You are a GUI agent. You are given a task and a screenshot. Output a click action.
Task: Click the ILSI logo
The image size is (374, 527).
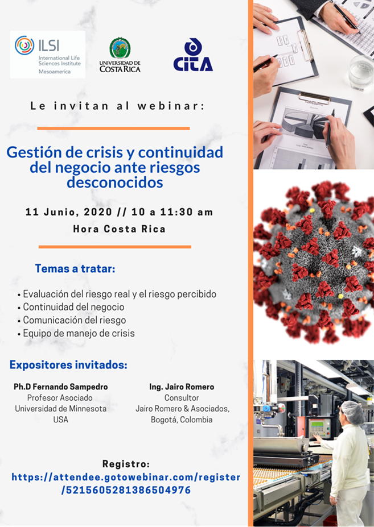pos(47,55)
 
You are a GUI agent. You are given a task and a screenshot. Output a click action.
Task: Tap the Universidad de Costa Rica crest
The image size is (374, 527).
pos(120,48)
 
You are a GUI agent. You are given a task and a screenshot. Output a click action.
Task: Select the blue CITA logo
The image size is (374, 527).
pos(193,55)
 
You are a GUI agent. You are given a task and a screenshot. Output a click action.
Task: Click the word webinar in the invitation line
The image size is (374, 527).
pos(170,106)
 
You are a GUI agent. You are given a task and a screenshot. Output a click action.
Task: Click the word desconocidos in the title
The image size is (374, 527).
pos(115,182)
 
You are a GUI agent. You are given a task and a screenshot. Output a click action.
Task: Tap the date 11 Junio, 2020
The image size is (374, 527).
pos(69,212)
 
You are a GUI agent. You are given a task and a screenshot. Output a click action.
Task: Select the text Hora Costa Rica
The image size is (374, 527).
pos(119,229)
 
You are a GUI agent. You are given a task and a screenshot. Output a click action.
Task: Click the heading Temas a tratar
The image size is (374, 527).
pos(75,268)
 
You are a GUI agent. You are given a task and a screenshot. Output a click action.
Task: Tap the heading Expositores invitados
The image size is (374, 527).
pos(68,364)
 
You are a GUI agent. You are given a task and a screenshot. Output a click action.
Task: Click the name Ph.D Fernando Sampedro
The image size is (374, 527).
pos(60,387)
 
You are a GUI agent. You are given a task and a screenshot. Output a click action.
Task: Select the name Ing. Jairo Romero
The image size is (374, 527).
pos(182,387)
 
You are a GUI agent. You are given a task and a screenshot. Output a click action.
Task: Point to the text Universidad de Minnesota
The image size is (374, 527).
pos(60,409)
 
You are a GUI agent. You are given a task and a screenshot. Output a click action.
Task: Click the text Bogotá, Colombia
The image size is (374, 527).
pos(182,420)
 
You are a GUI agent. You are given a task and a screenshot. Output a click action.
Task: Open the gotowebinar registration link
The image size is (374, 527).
pos(126,483)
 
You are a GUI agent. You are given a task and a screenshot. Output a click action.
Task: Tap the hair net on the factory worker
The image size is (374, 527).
pos(354,412)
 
